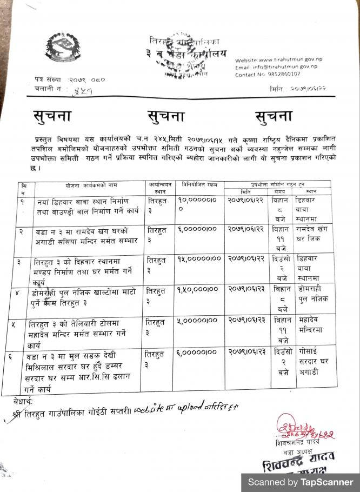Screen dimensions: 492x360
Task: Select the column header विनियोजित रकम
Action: tap(199, 185)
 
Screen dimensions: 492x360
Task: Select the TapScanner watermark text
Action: tap(301, 482)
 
